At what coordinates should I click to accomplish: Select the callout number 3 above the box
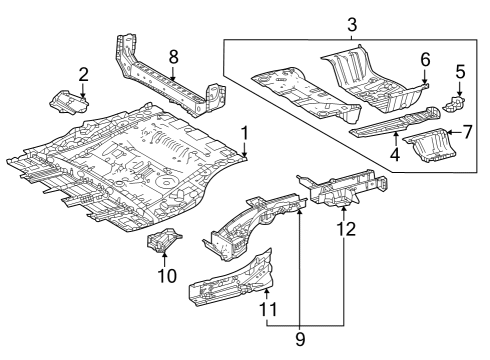coord(350,22)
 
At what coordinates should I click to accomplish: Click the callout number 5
coord(460,72)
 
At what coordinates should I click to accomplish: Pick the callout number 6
coord(425,60)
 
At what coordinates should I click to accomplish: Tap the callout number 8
coord(174,57)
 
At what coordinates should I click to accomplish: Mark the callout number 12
coord(345,231)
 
